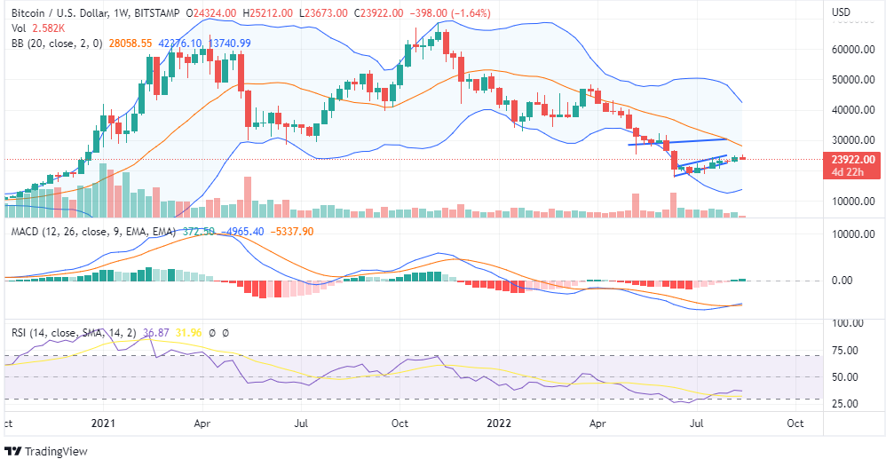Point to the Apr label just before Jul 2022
[597, 423]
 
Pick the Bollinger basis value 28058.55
[130, 43]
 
